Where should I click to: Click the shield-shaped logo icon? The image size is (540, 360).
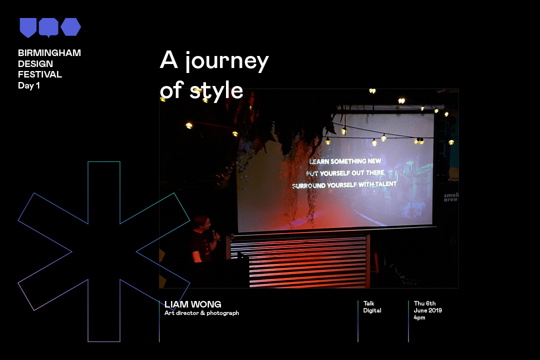(28, 27)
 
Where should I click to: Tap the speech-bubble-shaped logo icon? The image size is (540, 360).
(48, 27)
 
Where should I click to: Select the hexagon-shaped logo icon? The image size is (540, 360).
(71, 27)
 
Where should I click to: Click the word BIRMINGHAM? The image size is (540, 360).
(49, 53)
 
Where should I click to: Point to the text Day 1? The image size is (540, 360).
(29, 86)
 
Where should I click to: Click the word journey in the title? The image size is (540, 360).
(226, 60)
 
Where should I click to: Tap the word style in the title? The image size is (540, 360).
(216, 90)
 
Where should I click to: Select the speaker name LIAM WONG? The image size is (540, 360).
(193, 304)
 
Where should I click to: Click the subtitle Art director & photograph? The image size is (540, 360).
(202, 313)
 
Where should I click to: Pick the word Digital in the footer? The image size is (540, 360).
(372, 310)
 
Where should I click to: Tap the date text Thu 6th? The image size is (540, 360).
(424, 303)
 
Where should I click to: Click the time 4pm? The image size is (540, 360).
(419, 317)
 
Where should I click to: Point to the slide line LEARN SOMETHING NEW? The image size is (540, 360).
(345, 161)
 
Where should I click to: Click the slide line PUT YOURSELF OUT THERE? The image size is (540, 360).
(345, 173)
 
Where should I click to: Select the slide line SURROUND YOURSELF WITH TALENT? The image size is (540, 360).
(344, 185)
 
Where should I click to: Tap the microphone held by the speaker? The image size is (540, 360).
(215, 235)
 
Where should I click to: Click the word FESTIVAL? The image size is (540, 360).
(40, 75)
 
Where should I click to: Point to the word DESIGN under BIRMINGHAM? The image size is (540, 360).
(35, 64)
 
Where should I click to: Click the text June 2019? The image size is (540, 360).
(427, 310)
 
